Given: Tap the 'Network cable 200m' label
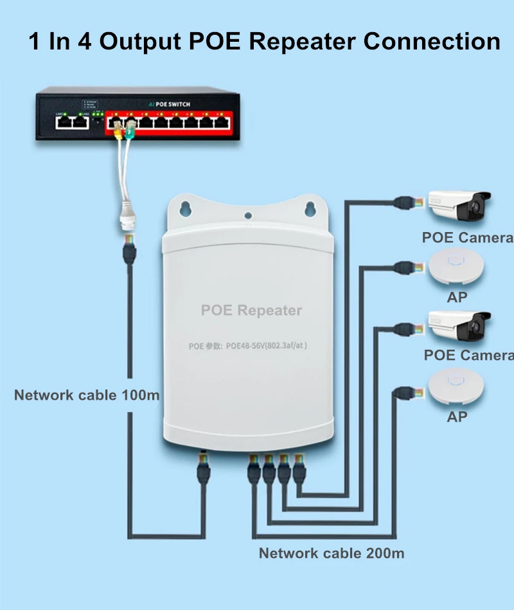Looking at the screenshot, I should (x=332, y=553).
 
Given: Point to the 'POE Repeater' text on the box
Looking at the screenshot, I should (x=251, y=310).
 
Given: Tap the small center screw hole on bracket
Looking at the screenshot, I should (x=248, y=216).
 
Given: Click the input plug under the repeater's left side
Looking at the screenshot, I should (x=204, y=468).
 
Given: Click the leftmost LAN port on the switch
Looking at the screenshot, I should (x=64, y=122).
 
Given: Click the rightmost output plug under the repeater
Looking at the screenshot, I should (x=299, y=468).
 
